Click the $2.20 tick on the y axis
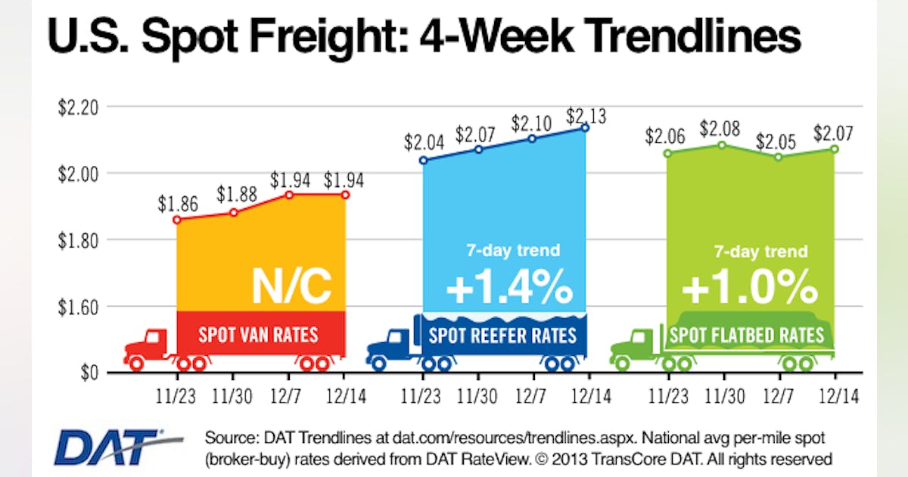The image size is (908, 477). pyautogui.click(x=78, y=107)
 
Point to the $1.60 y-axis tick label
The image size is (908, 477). pyautogui.click(x=78, y=307)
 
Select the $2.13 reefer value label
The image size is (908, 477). pyautogui.click(x=586, y=116)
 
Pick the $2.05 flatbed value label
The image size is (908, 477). pyautogui.click(x=777, y=141)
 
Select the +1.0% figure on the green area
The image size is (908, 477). pyautogui.click(x=749, y=288)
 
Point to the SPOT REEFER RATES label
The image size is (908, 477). pyautogui.click(x=502, y=335)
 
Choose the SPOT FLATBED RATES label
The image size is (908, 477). pyautogui.click(x=748, y=334)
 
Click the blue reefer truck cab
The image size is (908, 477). pyautogui.click(x=392, y=344)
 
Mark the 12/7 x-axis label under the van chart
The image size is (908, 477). pyautogui.click(x=288, y=395)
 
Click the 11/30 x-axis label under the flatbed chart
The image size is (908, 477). pyautogui.click(x=723, y=395)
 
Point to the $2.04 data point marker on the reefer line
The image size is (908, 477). pyautogui.click(x=423, y=161)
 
